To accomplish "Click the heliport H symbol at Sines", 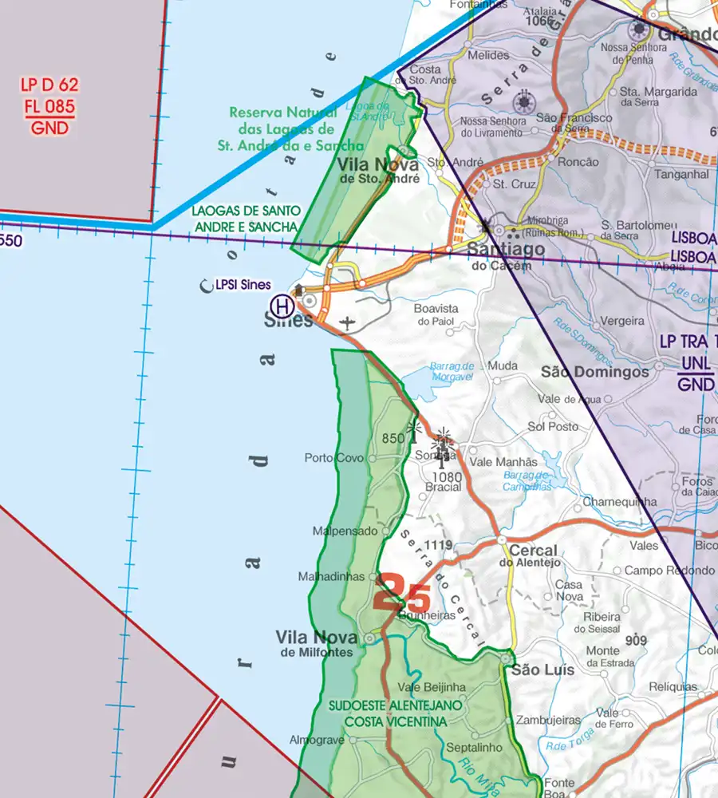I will click(281, 304).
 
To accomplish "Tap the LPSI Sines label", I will click(243, 285).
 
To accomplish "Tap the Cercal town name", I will click(533, 551).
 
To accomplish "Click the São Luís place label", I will click(542, 670).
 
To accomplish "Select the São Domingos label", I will click(595, 372).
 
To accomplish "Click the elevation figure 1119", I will click(439, 546).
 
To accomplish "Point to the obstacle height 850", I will click(393, 438).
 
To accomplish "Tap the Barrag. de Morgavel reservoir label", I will click(452, 371).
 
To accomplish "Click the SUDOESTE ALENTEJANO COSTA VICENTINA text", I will click(395, 713).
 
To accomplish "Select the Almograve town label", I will click(317, 740).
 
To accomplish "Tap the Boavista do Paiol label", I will click(436, 314).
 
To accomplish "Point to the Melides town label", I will click(489, 56).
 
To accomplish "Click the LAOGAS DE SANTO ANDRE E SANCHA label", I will click(246, 219).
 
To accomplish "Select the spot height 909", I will click(636, 640).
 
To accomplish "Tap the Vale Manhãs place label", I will click(504, 462).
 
